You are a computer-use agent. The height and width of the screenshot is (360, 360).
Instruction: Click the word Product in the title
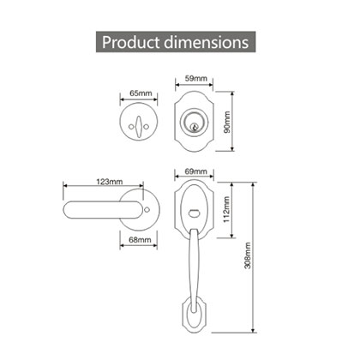134,41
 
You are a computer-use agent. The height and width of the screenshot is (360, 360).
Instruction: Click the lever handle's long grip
90,207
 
